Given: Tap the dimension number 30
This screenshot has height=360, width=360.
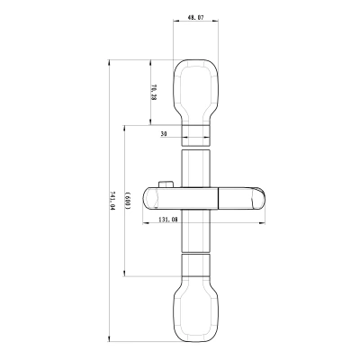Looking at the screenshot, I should click(x=164, y=133).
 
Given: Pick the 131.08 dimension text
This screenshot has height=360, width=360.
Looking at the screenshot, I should click(x=167, y=219).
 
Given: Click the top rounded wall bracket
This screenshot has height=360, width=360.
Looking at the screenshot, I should click(x=195, y=88).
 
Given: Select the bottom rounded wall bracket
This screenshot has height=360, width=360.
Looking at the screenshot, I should click(x=195, y=310).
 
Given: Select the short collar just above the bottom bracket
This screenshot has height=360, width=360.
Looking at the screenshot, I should click(x=195, y=265).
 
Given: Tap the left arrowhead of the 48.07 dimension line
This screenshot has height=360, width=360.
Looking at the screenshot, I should click(x=175, y=23).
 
